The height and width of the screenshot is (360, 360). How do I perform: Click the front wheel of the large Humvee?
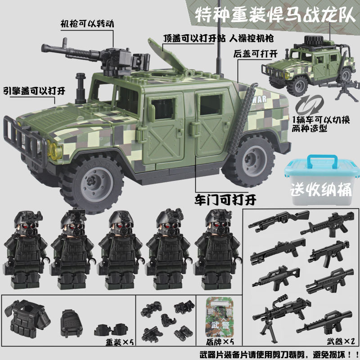[x=92, y=182]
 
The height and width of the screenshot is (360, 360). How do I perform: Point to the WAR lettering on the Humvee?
[x=260, y=99]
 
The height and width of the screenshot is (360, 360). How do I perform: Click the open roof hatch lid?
[x=166, y=54]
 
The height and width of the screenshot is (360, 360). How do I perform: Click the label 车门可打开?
[x=225, y=200]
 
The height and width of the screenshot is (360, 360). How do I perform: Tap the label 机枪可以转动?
[x=87, y=24]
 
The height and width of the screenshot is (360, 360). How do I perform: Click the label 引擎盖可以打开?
[x=34, y=91]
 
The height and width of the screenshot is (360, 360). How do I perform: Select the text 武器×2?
[x=341, y=341]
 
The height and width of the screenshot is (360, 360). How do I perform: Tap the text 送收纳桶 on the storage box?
[x=321, y=189]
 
